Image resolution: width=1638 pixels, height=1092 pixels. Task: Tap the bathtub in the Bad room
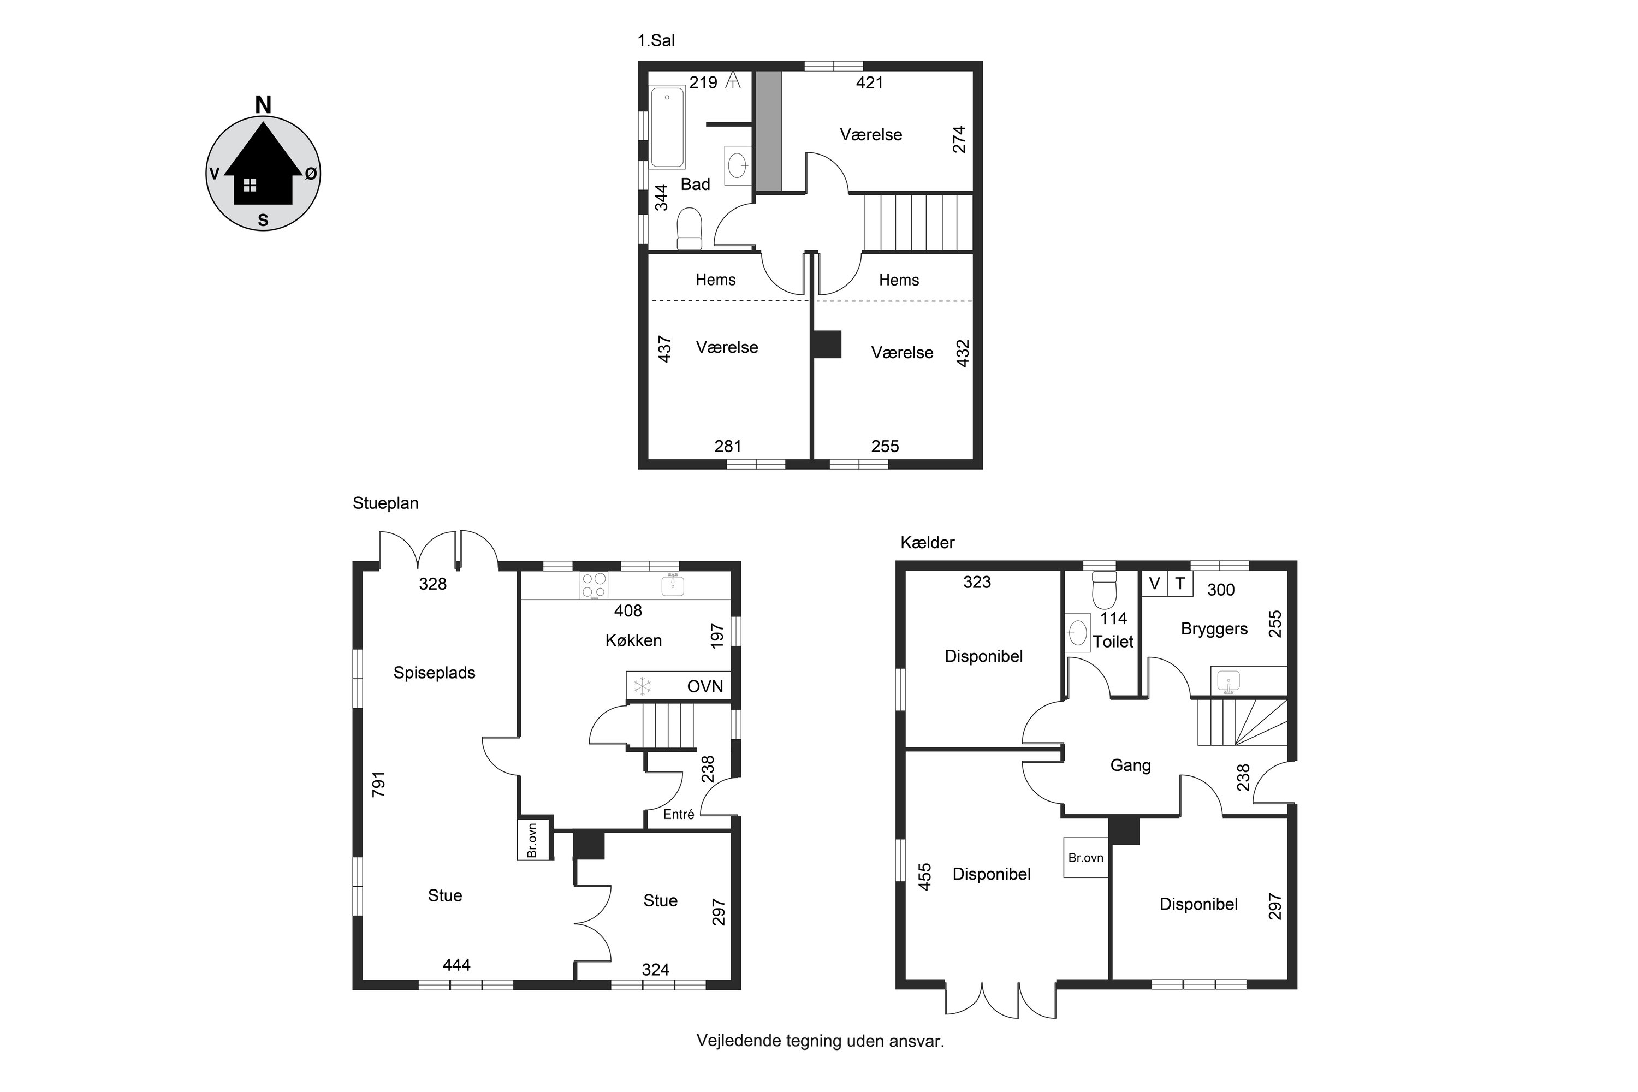coord(667,127)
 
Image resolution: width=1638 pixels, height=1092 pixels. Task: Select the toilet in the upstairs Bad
coord(690,228)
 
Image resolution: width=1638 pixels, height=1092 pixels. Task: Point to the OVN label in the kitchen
coord(705,687)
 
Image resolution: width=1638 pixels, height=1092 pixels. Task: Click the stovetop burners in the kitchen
coord(594,585)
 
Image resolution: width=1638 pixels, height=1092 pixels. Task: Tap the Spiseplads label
coord(435,673)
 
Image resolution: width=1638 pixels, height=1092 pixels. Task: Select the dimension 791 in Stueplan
coord(379,784)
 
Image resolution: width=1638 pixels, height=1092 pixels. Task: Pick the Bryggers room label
coord(1214,630)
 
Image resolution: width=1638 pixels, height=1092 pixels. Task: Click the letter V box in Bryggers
coord(1155,584)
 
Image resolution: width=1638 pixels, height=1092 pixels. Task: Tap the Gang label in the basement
coord(1130,766)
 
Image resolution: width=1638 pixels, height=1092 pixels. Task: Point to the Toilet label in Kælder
coord(1113,642)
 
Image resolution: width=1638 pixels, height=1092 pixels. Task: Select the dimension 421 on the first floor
coord(869,83)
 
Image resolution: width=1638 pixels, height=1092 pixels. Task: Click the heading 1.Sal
coord(656,41)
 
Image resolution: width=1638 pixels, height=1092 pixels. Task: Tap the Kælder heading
coord(927,543)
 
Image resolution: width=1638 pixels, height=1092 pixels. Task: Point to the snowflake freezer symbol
coord(642,687)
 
